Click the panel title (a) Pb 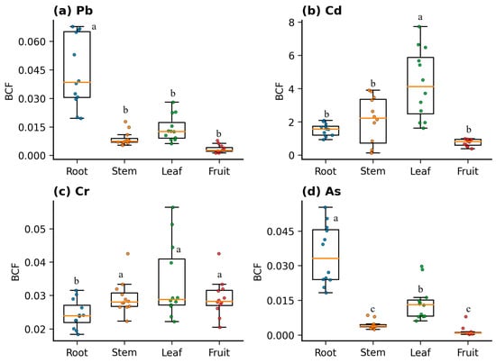pyautogui.click(x=73, y=11)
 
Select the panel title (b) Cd pyautogui.click(x=322, y=11)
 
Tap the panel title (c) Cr pyautogui.click(x=71, y=192)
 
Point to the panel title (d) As pyautogui.click(x=321, y=192)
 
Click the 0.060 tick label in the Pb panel pyautogui.click(x=32, y=41)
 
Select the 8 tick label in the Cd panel pyautogui.click(x=291, y=23)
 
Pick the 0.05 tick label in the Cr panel pyautogui.click(x=35, y=229)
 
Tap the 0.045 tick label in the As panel pyautogui.click(x=280, y=231)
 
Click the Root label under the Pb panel pyautogui.click(x=77, y=171)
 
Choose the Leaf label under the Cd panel pyautogui.click(x=420, y=171)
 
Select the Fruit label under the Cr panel pyautogui.click(x=219, y=352)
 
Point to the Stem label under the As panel pyautogui.click(x=373, y=352)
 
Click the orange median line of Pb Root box pyautogui.click(x=77, y=83)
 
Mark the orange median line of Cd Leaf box pyautogui.click(x=420, y=86)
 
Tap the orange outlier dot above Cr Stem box pyautogui.click(x=128, y=254)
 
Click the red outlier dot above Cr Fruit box pyautogui.click(x=218, y=254)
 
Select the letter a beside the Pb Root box pyautogui.click(x=94, y=27)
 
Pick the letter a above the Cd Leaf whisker pyautogui.click(x=420, y=17)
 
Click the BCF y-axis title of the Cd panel pyautogui.click(x=280, y=91)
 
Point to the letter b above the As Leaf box pyautogui.click(x=420, y=289)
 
